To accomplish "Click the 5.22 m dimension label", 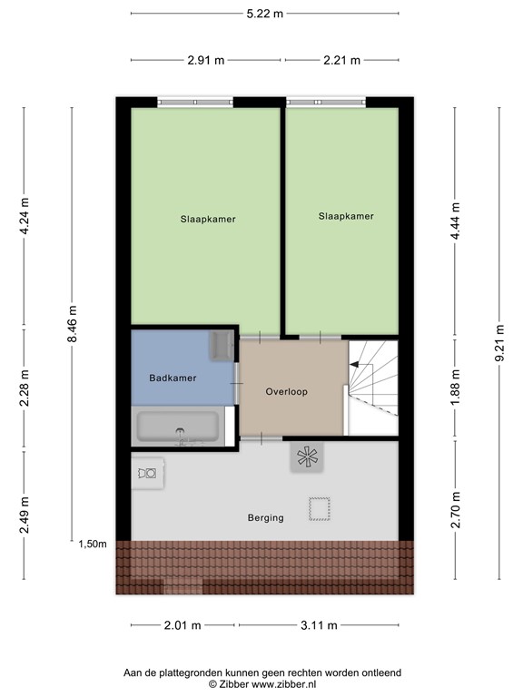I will click(x=264, y=14).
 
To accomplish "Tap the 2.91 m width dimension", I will click(x=206, y=61).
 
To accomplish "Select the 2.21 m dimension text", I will click(x=341, y=61).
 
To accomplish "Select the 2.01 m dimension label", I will click(x=183, y=625).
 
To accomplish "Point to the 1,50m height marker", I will click(x=92, y=544).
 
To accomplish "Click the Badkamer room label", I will click(x=173, y=378).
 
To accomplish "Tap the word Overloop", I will click(x=288, y=392).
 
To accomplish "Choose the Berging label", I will click(x=265, y=518).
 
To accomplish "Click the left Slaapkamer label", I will click(x=208, y=219).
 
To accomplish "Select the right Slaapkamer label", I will click(x=346, y=216).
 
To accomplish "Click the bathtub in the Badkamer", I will click(x=178, y=427).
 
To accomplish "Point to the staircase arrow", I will click(x=356, y=365).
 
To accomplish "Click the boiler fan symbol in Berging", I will click(x=305, y=456).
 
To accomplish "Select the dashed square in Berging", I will click(x=319, y=509).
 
